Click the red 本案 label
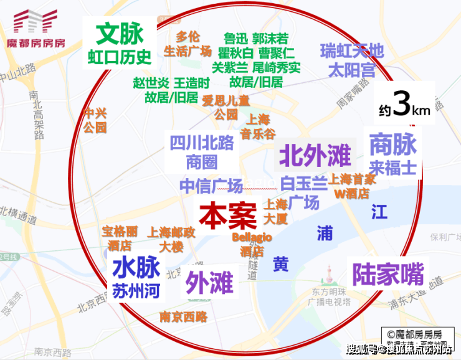(228, 216)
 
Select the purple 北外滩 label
(315, 155)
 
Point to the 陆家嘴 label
(387, 273)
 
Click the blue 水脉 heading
(136, 268)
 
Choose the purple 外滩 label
(209, 283)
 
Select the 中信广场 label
(211, 186)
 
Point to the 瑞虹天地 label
(352, 50)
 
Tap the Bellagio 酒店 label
(252, 245)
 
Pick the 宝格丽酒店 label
(120, 237)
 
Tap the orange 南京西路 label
(183, 316)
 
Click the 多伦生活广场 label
(188, 44)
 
